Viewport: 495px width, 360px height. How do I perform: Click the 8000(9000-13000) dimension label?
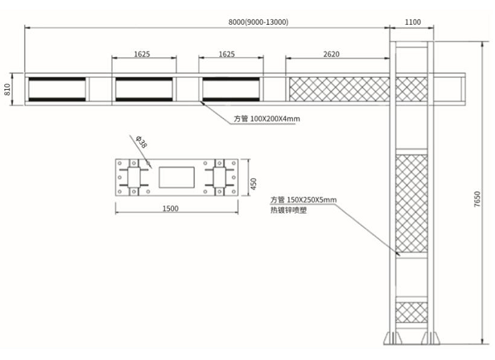click(x=258, y=22)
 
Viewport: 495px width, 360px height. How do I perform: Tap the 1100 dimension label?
click(x=412, y=22)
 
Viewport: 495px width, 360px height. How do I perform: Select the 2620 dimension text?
click(x=331, y=54)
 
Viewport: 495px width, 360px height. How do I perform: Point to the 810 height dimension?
click(x=7, y=89)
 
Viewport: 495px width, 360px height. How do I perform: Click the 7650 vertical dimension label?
click(x=477, y=199)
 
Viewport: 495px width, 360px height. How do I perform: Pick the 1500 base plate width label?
click(x=170, y=209)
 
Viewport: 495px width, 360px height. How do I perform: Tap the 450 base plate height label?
click(x=253, y=184)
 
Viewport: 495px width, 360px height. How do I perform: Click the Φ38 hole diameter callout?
click(x=141, y=142)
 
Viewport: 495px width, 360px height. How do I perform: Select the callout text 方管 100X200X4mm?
click(x=267, y=119)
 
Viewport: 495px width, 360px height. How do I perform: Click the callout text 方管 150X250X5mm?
click(x=303, y=200)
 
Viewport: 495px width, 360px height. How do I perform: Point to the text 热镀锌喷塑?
click(x=289, y=210)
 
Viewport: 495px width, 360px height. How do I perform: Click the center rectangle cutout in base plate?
click(x=177, y=178)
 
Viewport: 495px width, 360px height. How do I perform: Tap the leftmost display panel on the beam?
click(x=57, y=89)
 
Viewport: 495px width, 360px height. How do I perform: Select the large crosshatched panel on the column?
click(x=412, y=204)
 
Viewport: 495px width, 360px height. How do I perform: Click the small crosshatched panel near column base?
click(x=412, y=313)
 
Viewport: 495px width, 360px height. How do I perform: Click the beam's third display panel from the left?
click(x=231, y=89)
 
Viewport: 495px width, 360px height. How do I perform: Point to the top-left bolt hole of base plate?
click(x=120, y=163)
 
